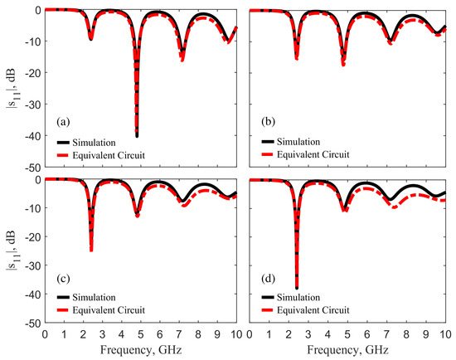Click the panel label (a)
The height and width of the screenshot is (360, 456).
(x=61, y=122)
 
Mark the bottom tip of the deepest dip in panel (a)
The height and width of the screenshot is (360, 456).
(x=137, y=135)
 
